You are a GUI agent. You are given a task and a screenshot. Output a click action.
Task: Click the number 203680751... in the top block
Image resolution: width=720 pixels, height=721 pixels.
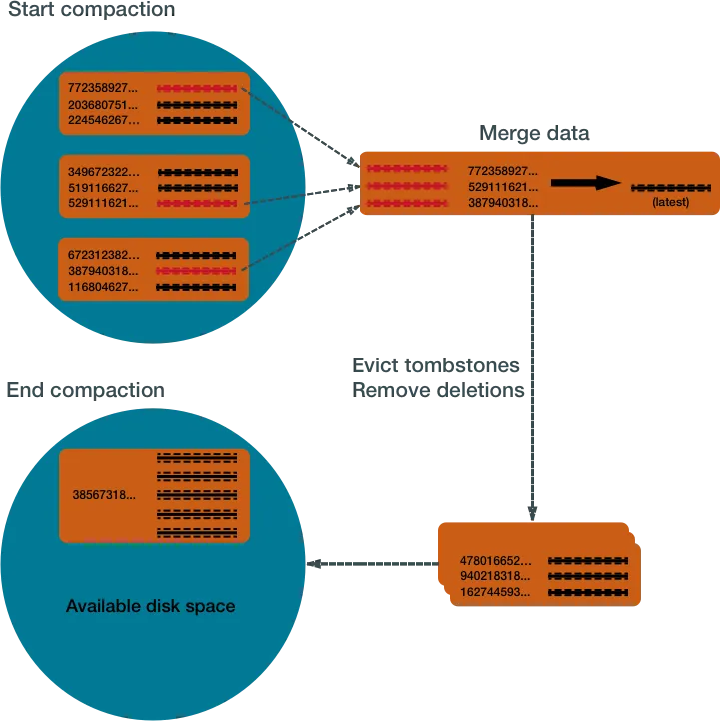104,105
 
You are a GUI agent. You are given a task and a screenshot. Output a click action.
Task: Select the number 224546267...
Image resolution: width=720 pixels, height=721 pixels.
104,121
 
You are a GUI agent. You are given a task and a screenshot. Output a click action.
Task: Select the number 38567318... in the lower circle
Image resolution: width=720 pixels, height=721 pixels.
104,495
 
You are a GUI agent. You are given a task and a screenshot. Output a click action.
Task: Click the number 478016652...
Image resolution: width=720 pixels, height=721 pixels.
496,561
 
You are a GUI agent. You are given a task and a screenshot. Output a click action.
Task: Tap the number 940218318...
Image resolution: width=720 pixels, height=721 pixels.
496,577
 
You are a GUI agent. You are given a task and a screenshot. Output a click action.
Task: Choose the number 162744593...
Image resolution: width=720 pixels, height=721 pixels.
496,593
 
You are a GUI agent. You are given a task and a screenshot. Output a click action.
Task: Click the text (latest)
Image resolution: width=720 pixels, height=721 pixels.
670,202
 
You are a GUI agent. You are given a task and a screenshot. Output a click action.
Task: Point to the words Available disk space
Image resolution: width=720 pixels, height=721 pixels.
151,606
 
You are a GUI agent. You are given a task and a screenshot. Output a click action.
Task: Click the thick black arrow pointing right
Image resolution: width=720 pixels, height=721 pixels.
585,183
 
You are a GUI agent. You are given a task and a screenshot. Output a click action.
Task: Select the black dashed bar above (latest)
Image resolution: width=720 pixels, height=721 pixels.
670,187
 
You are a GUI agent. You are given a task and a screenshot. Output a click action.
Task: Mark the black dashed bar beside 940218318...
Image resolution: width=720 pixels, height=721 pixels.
587,577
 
